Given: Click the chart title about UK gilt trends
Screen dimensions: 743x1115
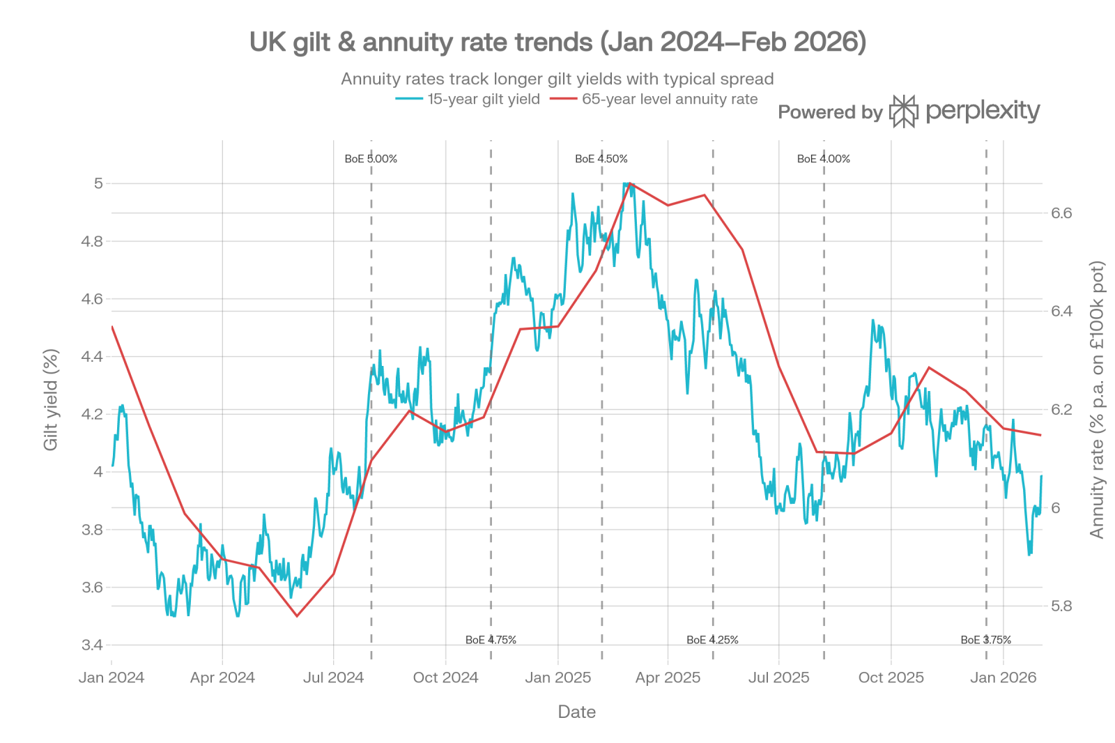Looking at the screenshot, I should pos(557,43).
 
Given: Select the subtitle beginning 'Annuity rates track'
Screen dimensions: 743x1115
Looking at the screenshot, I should pos(557,79).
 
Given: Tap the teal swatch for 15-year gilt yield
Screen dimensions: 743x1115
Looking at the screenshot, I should pos(409,100).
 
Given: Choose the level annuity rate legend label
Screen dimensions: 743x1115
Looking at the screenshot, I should pos(670,100).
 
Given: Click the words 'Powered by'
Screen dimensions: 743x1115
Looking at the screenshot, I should pos(830,112).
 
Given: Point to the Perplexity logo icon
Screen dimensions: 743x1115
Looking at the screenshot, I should pos(905,112).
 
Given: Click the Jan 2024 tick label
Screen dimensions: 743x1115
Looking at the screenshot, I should pos(111,677).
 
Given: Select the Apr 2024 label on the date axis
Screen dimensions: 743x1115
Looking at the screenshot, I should pos(222,677).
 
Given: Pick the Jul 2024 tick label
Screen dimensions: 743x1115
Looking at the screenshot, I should pos(334,677).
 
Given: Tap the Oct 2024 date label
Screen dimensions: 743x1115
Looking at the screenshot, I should pos(445,677).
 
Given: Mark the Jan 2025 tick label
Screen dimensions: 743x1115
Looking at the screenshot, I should pos(557,677).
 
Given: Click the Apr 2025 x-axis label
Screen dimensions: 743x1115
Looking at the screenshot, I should pos(668,677).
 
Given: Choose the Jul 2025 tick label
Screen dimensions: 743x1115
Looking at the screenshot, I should pos(779,677).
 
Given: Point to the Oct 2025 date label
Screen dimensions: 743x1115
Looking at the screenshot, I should pos(891,677).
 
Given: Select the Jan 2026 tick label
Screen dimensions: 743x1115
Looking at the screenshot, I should pos(1003,677).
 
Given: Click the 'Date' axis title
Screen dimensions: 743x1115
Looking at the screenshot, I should pos(576,712).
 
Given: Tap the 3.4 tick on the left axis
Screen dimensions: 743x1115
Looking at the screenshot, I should pos(93,645).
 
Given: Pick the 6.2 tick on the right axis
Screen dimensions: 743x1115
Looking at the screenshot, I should pos(1061,409).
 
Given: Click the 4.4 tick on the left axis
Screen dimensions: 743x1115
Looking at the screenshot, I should pos(93,356).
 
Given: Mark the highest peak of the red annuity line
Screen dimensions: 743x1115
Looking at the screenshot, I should pos(629,183).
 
